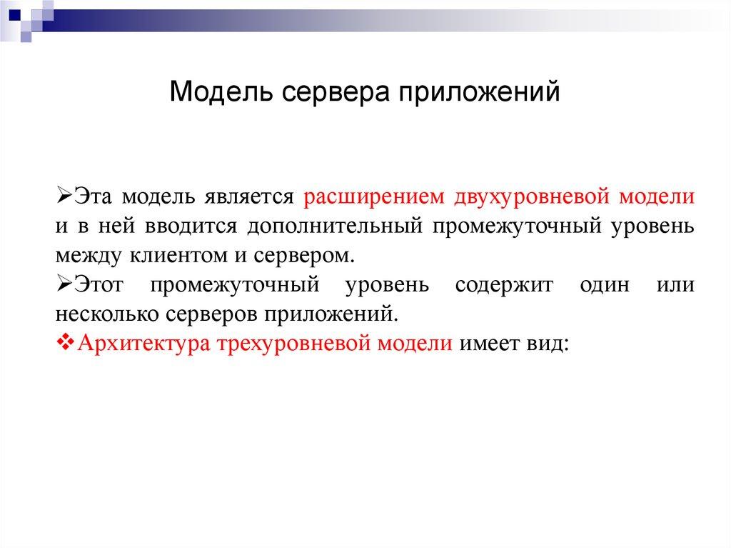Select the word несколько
tap(101, 314)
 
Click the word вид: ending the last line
tap(548, 342)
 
